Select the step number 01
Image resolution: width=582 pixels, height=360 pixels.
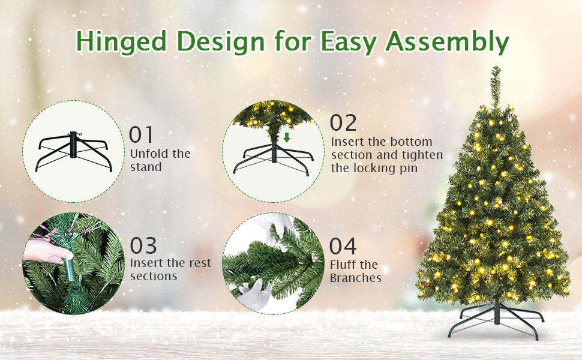click(x=142, y=135)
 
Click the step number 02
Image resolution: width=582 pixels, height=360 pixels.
click(x=343, y=123)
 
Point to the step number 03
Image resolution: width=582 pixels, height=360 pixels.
click(x=143, y=245)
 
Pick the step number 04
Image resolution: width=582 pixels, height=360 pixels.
click(x=343, y=246)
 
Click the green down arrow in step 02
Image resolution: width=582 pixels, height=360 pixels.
click(x=287, y=137)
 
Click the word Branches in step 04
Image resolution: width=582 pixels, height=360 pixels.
click(x=356, y=278)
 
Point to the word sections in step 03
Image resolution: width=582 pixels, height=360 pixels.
click(x=154, y=276)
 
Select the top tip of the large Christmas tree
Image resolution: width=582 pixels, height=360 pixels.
click(x=496, y=70)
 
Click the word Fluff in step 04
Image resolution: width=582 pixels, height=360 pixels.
click(x=344, y=265)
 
